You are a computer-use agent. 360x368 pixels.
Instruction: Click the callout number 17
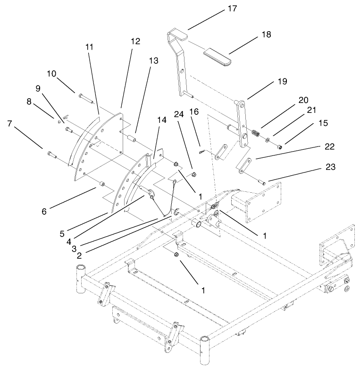pyautogui.click(x=232, y=8)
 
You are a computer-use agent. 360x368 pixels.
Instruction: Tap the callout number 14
pyautogui.click(x=161, y=120)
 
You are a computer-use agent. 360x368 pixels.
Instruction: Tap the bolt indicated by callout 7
pyautogui.click(x=51, y=154)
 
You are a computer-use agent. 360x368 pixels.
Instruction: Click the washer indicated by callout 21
pyautogui.click(x=267, y=140)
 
